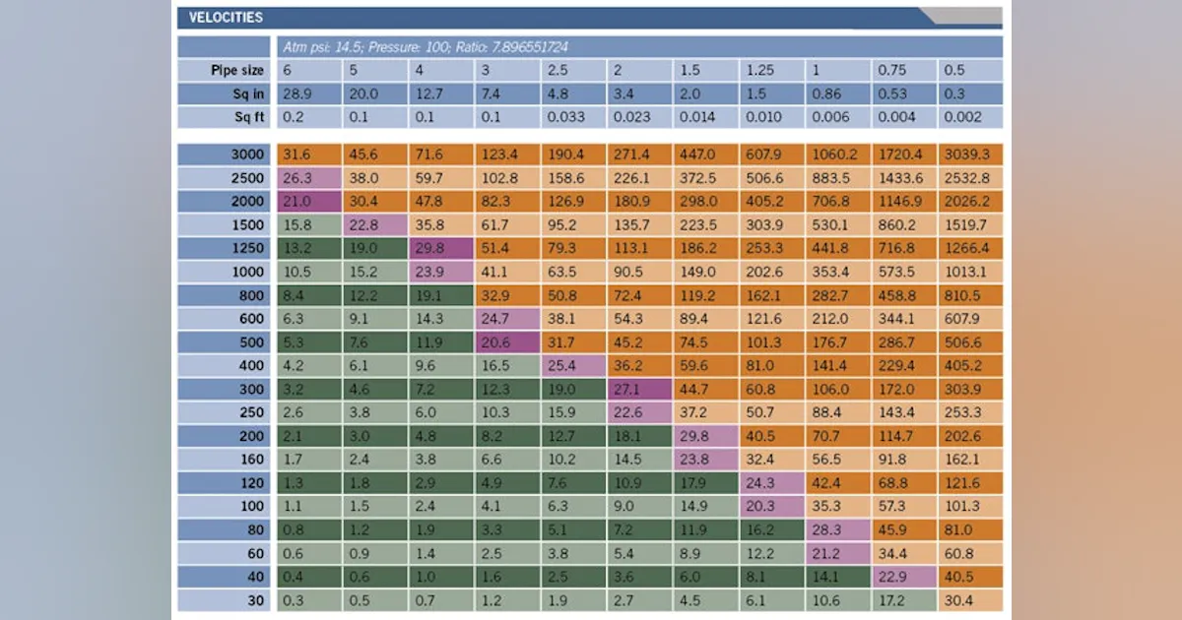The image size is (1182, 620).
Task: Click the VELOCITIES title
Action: point(226,18)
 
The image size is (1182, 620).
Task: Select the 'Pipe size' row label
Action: point(237,70)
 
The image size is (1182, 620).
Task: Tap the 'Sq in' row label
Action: point(248,93)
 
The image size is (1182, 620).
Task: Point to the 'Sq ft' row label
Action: point(249,117)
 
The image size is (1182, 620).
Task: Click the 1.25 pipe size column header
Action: point(759,70)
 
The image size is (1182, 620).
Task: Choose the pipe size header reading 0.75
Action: point(891,70)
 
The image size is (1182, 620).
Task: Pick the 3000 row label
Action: point(247,155)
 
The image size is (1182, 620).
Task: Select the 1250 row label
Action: point(247,248)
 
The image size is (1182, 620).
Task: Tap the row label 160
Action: point(252,460)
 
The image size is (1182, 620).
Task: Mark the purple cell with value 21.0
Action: point(309,202)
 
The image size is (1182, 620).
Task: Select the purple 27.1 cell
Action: point(639,389)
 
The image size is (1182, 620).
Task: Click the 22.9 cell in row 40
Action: point(904,577)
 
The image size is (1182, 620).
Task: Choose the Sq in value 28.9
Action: point(297,93)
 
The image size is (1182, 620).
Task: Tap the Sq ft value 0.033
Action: point(565,117)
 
